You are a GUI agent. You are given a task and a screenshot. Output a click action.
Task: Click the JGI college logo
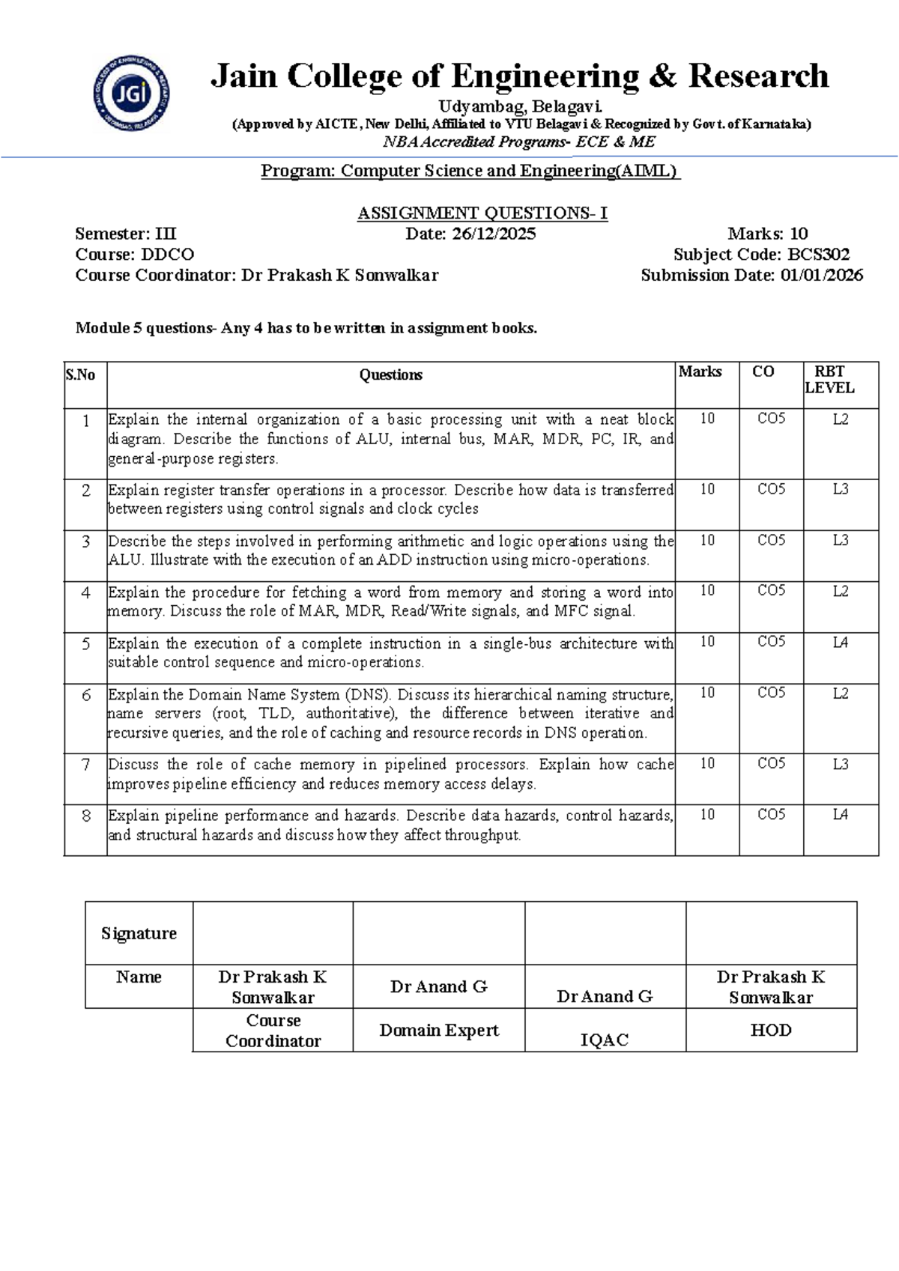(131, 93)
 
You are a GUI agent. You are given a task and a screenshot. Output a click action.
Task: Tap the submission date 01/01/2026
(821, 276)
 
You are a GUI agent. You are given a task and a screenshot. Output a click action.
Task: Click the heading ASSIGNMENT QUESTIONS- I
(482, 213)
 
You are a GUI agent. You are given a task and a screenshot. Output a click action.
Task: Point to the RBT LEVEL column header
(829, 380)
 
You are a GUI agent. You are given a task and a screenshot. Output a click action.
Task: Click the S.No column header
(80, 375)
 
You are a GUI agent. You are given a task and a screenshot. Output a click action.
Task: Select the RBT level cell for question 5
(840, 643)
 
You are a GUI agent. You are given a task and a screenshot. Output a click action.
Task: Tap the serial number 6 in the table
(86, 695)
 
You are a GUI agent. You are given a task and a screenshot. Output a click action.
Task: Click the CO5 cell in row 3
(771, 541)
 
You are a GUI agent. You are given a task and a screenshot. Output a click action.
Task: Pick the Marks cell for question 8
(707, 815)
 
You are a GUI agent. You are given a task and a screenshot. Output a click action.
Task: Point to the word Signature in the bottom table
(139, 933)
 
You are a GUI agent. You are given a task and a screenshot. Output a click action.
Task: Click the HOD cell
(770, 1031)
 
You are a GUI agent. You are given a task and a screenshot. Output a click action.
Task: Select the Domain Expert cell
(438, 1031)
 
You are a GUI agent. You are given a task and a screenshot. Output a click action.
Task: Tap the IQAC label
(604, 1040)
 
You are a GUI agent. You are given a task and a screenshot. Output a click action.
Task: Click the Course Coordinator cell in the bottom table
(273, 1031)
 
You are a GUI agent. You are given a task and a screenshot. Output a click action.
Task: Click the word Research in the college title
(758, 76)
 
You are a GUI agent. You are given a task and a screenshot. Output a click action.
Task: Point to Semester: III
(126, 234)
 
